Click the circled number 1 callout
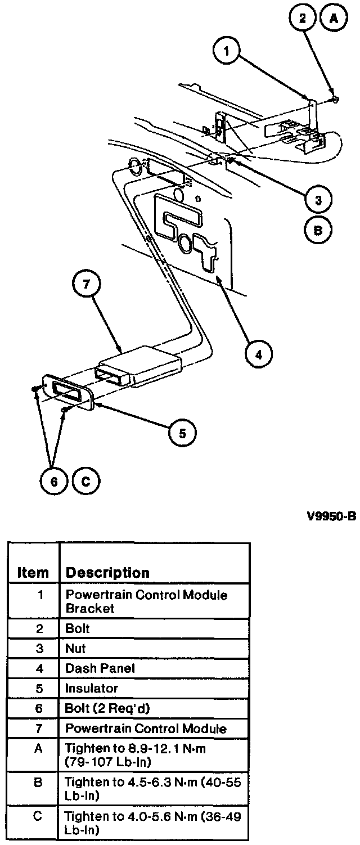[x=227, y=52]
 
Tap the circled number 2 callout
[x=303, y=18]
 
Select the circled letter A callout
[x=334, y=18]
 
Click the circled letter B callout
[x=318, y=230]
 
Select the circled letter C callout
[x=85, y=481]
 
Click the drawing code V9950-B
[x=331, y=517]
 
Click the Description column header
[x=107, y=573]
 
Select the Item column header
[x=33, y=573]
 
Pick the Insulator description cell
[x=92, y=688]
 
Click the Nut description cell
[x=76, y=648]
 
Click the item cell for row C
[x=37, y=815]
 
